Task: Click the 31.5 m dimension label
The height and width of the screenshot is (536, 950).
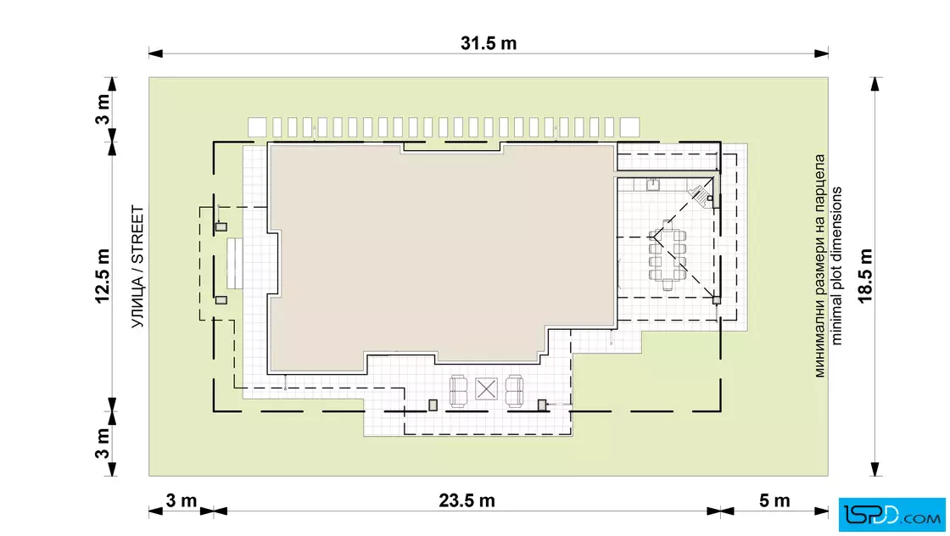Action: [x=489, y=43]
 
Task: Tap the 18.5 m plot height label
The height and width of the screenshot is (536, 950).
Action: [x=865, y=276]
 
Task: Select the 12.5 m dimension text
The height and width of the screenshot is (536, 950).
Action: [x=102, y=276]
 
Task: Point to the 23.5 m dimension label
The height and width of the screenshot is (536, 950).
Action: [x=467, y=501]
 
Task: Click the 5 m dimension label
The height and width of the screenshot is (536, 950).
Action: [x=774, y=501]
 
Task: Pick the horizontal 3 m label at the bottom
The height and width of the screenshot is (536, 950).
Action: [x=182, y=501]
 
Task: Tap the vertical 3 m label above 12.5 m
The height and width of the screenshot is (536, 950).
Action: [x=103, y=109]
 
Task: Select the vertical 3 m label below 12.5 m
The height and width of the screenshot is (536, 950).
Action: [x=103, y=444]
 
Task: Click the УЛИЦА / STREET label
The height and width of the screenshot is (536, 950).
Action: [x=138, y=267]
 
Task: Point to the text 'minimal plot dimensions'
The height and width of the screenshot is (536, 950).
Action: [x=836, y=265]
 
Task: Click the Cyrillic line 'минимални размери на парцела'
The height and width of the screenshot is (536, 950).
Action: [x=819, y=266]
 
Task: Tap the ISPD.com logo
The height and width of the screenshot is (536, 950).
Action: [x=891, y=515]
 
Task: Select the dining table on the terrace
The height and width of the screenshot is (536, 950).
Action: [x=667, y=255]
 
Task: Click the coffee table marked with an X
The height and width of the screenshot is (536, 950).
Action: [x=486, y=388]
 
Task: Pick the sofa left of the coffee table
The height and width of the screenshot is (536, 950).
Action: [x=459, y=391]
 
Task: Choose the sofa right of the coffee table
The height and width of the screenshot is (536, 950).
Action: [x=514, y=391]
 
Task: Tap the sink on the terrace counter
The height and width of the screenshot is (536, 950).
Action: [x=652, y=184]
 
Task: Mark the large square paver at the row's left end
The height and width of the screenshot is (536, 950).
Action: [x=257, y=127]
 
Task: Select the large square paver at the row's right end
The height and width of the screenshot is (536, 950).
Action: [x=629, y=127]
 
